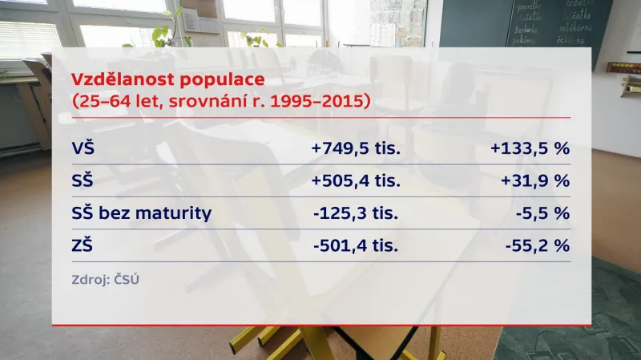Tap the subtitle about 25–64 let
click(220, 102)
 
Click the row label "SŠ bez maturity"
click(142, 212)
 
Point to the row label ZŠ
click(83, 245)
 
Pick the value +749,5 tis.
click(356, 148)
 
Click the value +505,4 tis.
click(356, 180)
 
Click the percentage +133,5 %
click(528, 148)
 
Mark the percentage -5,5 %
click(542, 212)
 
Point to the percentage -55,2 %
click(537, 245)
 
